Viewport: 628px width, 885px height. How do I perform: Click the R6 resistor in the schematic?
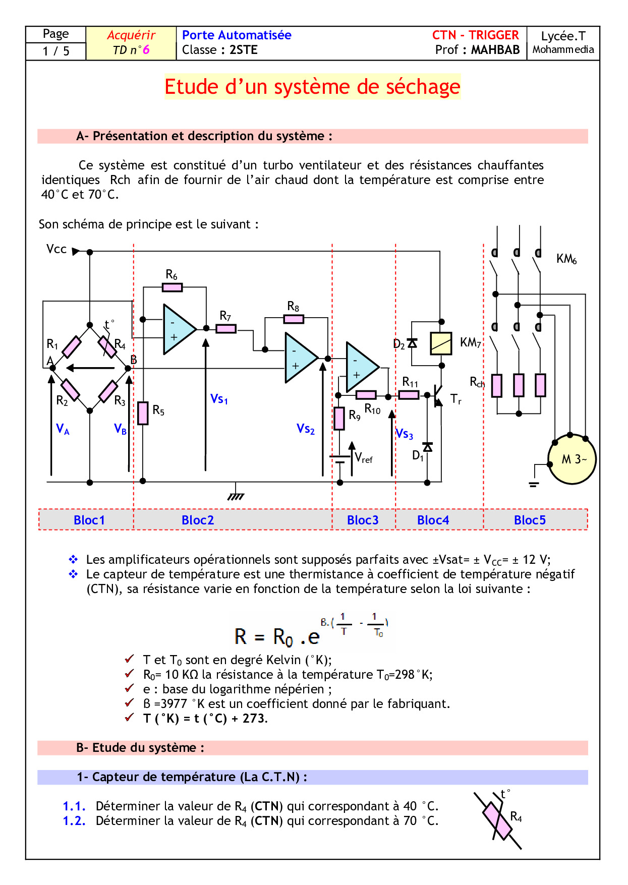pos(172,287)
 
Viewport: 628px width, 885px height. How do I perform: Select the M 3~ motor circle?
pos(572,459)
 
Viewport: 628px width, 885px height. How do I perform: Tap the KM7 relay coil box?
pos(441,343)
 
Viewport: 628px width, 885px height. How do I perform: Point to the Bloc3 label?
pos(363,520)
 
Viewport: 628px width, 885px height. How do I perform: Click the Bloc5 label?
pos(530,520)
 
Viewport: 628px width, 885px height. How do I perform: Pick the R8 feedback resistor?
pos(294,319)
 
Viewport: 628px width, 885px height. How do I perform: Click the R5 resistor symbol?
pos(143,414)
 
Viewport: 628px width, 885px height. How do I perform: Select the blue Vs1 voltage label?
pos(219,399)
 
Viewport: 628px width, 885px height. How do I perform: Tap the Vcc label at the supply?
pos(56,249)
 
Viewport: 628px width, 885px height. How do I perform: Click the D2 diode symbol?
pos(412,343)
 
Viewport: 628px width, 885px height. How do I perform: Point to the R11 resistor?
pos(409,395)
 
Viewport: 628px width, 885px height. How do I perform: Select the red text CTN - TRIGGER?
pos(475,35)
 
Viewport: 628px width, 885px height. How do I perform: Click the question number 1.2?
pos(74,821)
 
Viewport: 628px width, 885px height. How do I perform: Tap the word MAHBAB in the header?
pos(495,50)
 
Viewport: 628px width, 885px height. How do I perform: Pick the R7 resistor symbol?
pos(226,329)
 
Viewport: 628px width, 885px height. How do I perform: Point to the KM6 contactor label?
pos(566,259)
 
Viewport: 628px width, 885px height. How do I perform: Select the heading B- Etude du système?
pos(140,748)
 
